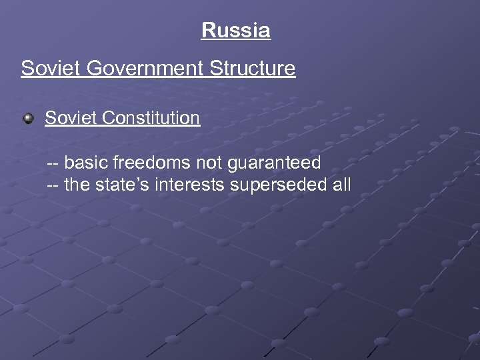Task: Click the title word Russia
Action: (236, 31)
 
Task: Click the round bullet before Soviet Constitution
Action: (29, 119)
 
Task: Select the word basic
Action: (85, 162)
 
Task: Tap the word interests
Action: (190, 185)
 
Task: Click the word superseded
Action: (277, 185)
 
